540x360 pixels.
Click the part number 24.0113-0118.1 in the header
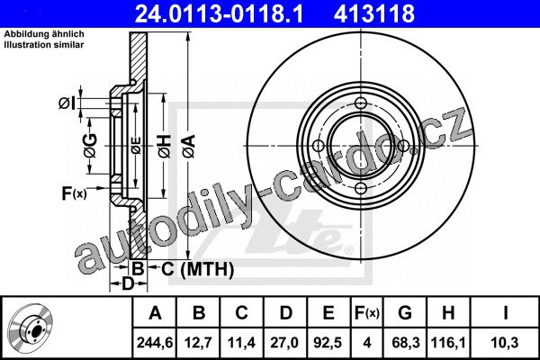click(219, 13)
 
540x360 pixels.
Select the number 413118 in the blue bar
click(374, 13)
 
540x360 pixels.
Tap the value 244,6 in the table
click(155, 343)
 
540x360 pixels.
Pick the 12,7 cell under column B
click(198, 343)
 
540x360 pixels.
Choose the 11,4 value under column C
click(242, 343)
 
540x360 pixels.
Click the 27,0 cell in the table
click(284, 343)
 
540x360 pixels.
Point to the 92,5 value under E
click(328, 343)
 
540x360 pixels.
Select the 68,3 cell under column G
click(406, 343)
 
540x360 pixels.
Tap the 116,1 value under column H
click(448, 343)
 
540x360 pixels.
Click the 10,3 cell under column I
click(505, 343)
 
